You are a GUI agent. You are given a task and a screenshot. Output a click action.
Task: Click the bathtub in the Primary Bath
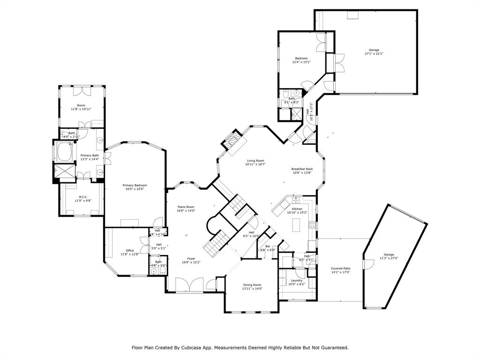(64, 152)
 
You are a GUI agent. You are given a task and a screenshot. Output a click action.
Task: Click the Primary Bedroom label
(135, 185)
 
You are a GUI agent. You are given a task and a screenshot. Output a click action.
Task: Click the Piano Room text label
(186, 207)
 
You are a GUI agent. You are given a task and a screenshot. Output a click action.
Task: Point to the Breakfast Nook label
(302, 169)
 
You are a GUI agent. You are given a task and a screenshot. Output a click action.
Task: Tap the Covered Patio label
(341, 269)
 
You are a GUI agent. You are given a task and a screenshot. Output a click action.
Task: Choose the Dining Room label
(252, 285)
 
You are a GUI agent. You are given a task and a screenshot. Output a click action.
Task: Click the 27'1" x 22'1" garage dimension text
(374, 54)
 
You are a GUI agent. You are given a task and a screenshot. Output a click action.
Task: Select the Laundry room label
(297, 280)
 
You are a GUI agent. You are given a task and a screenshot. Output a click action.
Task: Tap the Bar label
(268, 246)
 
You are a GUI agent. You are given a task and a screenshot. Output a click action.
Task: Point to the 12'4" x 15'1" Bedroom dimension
(301, 62)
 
